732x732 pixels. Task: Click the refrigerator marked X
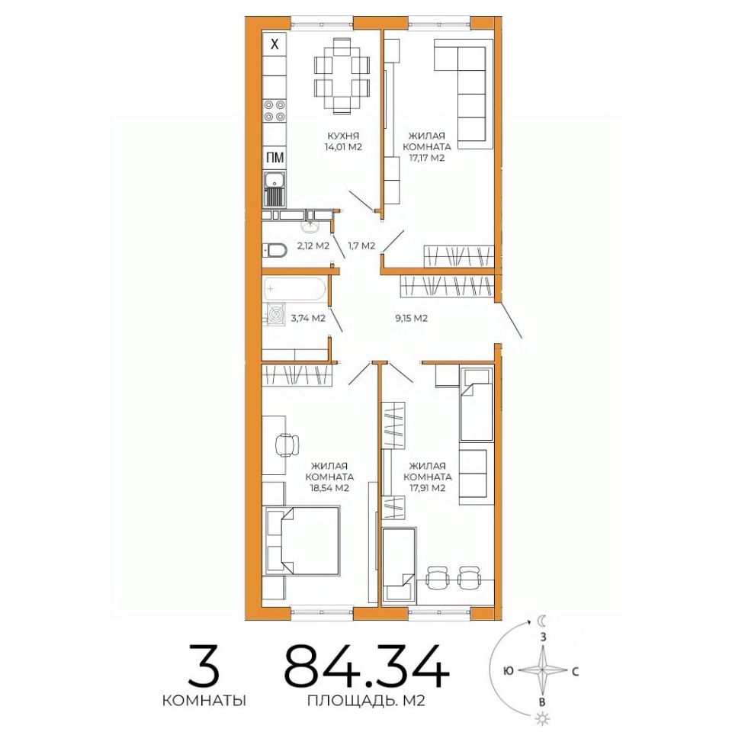pos(274,44)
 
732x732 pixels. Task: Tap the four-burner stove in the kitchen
pos(274,111)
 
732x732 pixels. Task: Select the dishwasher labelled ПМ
pos(274,158)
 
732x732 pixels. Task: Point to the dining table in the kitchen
pos(342,76)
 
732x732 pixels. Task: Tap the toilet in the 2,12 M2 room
pos(274,251)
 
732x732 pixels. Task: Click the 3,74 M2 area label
pos(308,319)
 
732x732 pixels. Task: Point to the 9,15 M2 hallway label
pos(411,319)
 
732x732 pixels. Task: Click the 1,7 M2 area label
pos(361,246)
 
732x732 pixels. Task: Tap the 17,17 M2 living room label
pos(429,146)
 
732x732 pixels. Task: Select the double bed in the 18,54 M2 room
pos(303,541)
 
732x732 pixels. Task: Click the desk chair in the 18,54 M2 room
pos(288,445)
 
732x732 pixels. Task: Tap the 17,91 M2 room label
pos(427,477)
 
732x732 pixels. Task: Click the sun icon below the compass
pos(542,718)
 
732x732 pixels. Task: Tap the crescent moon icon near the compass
pos(542,621)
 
